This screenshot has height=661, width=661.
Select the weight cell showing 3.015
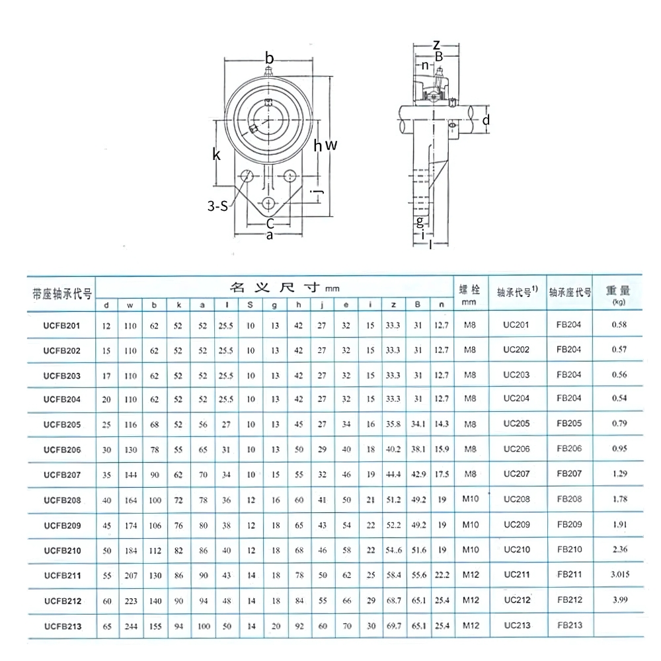(619, 575)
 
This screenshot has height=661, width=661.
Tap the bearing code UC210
(516, 550)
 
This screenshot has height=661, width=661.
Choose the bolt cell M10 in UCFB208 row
(470, 500)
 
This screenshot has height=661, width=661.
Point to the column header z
(393, 305)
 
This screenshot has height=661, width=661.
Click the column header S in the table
(250, 305)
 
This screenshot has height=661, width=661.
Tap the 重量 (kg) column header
(619, 294)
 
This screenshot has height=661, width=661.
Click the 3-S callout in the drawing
(217, 206)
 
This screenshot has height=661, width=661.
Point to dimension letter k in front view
(215, 155)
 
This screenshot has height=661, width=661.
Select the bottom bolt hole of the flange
(268, 204)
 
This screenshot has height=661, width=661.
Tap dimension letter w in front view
(332, 145)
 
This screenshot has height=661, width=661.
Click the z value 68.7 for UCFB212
(394, 600)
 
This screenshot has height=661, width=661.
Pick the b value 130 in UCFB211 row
(154, 575)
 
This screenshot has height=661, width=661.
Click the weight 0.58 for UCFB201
(619, 324)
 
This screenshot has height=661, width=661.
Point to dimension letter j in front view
(319, 193)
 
